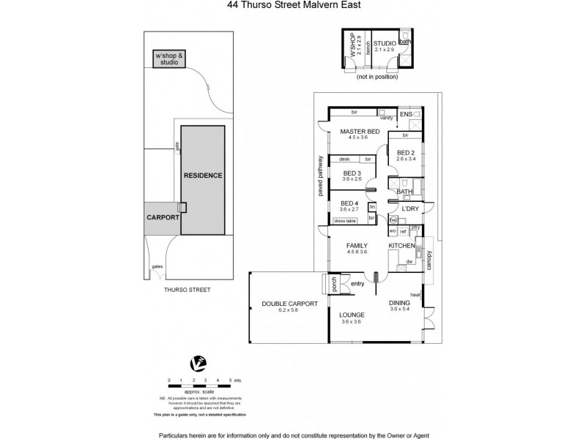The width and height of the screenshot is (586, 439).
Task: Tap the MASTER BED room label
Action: coord(358,132)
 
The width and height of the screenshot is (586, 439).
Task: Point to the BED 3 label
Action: coord(352,173)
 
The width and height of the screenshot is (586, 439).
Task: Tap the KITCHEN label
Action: coord(402,246)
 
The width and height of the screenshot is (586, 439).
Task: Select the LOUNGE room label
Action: coord(352,316)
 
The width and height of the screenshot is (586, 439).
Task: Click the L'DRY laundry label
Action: coord(411,209)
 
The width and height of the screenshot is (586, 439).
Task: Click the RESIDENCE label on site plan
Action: coord(202,176)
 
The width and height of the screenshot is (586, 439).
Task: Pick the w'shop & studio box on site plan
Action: coord(169,59)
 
